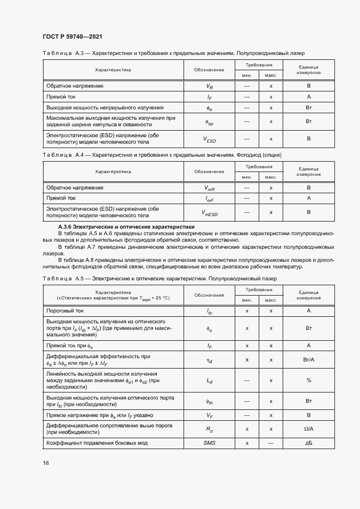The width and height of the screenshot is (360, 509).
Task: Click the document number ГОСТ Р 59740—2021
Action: (72, 36)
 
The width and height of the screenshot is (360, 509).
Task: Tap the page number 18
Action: (46, 463)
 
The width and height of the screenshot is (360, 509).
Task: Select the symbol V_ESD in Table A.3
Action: (209, 139)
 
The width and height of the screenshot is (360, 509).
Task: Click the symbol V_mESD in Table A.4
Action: (209, 212)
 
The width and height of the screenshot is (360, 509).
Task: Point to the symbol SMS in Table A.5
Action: (209, 443)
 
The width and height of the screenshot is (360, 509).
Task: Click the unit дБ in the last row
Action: (308, 443)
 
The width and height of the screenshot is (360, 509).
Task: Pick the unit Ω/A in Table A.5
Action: (308, 430)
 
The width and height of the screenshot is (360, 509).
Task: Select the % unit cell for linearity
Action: (308, 380)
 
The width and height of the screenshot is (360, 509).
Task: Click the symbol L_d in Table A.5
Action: (209, 381)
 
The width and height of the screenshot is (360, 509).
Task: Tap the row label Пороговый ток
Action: (65, 310)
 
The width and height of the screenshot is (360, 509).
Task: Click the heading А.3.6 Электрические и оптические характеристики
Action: (126, 226)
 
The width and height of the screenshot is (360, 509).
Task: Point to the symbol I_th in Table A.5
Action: (209, 311)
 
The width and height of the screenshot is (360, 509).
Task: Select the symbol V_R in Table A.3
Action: (209, 87)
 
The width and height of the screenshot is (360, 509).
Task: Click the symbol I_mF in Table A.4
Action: (209, 199)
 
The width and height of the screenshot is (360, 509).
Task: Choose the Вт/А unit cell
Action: (308, 360)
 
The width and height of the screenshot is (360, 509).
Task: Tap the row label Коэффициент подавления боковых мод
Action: (97, 443)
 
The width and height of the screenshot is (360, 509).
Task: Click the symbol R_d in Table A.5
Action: (209, 430)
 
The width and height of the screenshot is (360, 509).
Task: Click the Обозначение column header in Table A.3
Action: (209, 70)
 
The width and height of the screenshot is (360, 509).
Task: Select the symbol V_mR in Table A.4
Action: (209, 188)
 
